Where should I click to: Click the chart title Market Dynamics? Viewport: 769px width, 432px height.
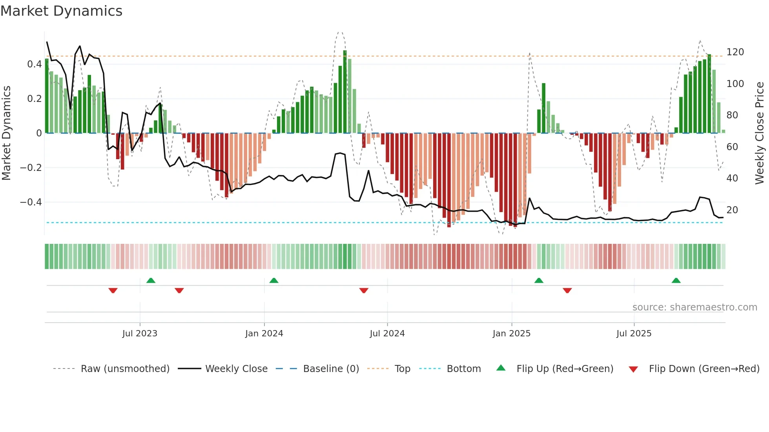(62, 11)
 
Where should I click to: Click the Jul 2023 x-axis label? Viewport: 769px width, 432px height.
(140, 334)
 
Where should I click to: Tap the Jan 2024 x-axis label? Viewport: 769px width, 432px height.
(264, 334)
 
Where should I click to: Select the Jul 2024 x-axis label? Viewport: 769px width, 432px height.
(387, 334)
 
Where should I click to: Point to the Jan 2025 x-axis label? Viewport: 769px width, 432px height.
(512, 334)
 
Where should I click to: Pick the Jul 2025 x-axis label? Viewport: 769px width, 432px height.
(634, 334)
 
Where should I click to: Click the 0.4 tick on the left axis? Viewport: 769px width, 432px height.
(34, 64)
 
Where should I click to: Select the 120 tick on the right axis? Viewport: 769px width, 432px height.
(735, 52)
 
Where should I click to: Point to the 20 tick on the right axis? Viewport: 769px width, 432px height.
(732, 210)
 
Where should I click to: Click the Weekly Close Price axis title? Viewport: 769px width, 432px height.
(760, 133)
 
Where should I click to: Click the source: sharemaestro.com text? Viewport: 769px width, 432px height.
(694, 307)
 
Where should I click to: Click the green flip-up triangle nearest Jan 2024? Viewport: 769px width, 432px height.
(274, 281)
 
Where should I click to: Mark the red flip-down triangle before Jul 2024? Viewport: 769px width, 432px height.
(364, 290)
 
